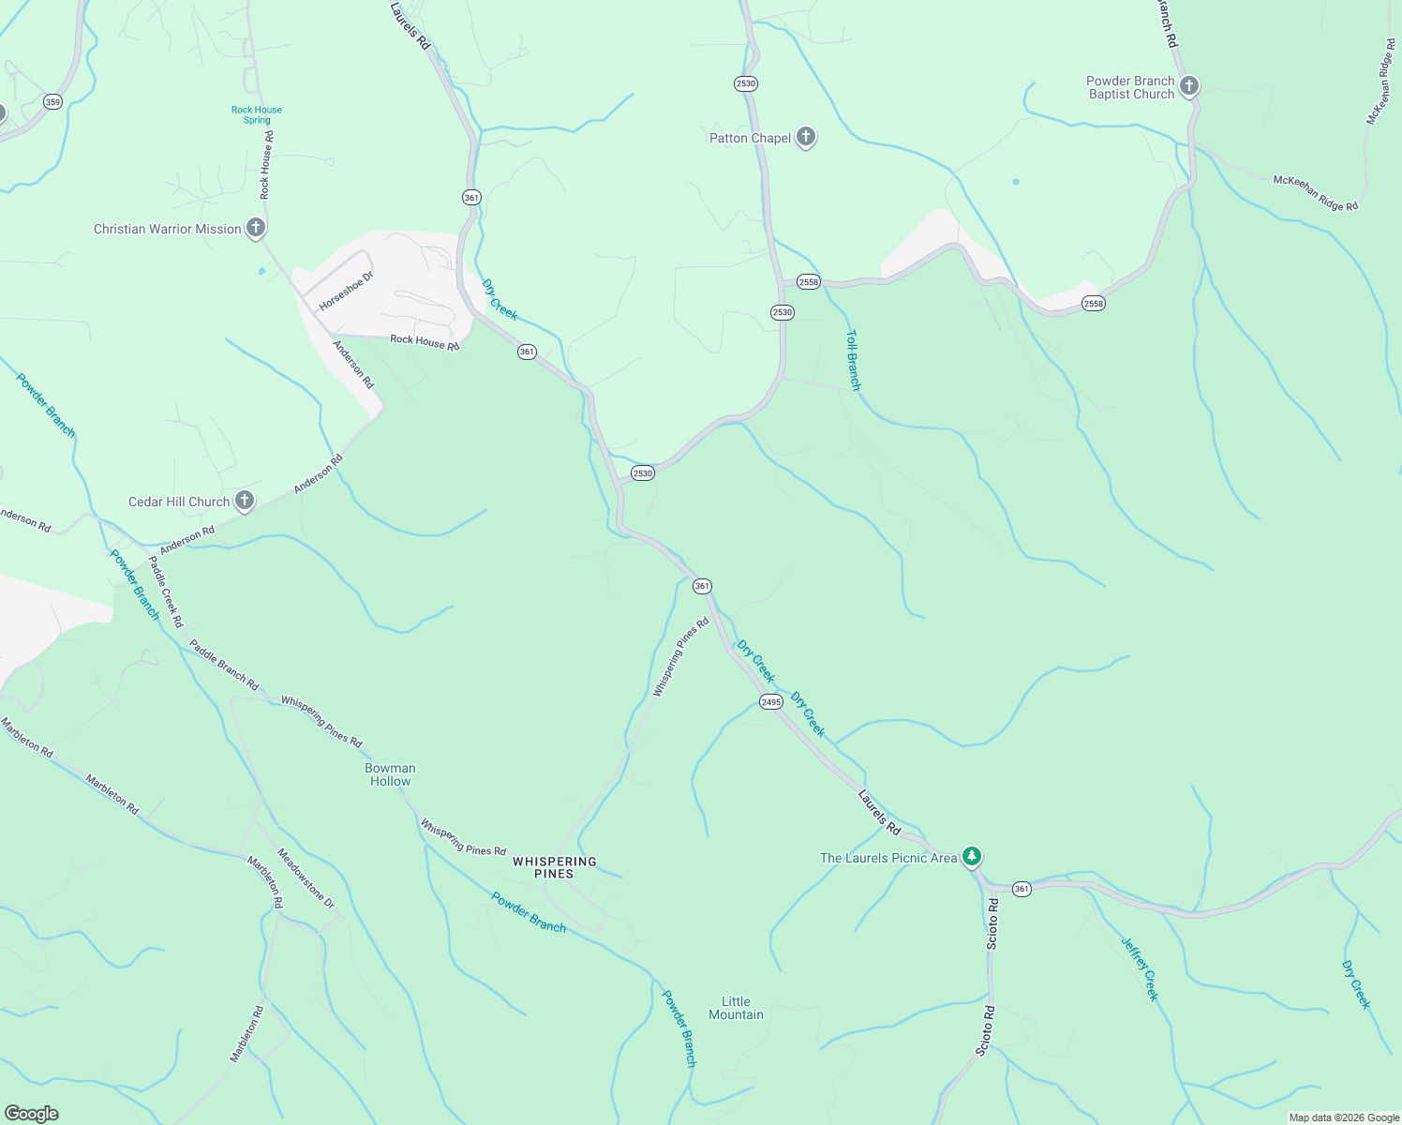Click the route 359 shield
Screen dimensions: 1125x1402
pyautogui.click(x=52, y=102)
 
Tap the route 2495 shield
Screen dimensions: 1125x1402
pyautogui.click(x=770, y=702)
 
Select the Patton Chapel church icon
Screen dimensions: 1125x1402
pyautogui.click(x=805, y=138)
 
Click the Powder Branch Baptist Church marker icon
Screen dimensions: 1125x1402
pyautogui.click(x=1188, y=87)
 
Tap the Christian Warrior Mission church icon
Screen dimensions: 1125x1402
pyautogui.click(x=255, y=228)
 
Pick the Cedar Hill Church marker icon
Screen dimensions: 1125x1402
pyautogui.click(x=244, y=501)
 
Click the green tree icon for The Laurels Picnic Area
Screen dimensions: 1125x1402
pyautogui.click(x=972, y=857)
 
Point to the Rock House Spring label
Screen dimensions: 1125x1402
pyautogui.click(x=257, y=114)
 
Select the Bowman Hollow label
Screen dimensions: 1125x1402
pyautogui.click(x=390, y=774)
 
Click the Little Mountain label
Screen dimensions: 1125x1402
pyautogui.click(x=736, y=1008)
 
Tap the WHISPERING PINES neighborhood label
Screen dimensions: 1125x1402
pyautogui.click(x=554, y=867)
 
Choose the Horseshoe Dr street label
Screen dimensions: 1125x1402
pyautogui.click(x=346, y=291)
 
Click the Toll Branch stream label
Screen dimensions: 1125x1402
pyautogui.click(x=853, y=359)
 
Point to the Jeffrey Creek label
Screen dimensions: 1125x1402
pyautogui.click(x=1141, y=968)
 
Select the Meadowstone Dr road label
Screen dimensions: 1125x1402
pyautogui.click(x=306, y=878)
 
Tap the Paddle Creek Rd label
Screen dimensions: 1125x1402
pyautogui.click(x=166, y=592)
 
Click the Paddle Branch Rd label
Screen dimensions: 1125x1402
pyautogui.click(x=223, y=665)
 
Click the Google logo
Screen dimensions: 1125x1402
pyautogui.click(x=31, y=1114)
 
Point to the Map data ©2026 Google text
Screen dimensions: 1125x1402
pyautogui.click(x=1344, y=1117)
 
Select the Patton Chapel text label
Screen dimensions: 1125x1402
pyautogui.click(x=750, y=138)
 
